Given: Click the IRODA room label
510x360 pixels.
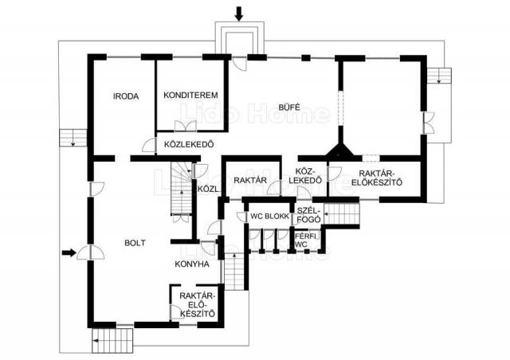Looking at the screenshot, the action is tap(126, 96).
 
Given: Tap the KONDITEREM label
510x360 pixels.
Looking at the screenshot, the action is tap(190, 96).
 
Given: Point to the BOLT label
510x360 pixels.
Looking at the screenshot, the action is tap(135, 243).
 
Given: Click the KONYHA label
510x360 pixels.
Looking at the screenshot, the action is tap(192, 264).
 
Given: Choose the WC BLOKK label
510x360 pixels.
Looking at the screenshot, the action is tap(269, 217).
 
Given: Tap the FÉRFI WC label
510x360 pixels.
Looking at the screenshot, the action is tap(305, 240).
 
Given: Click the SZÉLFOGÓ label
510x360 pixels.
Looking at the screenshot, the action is tap(309, 214).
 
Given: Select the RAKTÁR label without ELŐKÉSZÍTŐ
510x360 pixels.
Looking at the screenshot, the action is tap(250, 180).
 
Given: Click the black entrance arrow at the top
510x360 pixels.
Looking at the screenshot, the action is tap(239, 14).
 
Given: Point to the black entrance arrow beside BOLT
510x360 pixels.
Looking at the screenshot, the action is tap(69, 252).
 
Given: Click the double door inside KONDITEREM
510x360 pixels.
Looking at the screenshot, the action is tap(186, 126).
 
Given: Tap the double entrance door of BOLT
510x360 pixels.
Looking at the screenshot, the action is tap(91, 252).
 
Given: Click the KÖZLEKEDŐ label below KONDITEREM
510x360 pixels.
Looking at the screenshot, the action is tap(189, 144).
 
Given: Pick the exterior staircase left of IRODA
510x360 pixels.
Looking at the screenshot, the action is tap(73, 138).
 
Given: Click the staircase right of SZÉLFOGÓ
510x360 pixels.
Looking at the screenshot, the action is tap(342, 213).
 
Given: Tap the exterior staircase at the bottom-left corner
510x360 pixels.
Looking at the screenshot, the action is tap(112, 341).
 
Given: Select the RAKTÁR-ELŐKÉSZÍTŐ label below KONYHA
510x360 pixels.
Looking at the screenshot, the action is tap(198, 305).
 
